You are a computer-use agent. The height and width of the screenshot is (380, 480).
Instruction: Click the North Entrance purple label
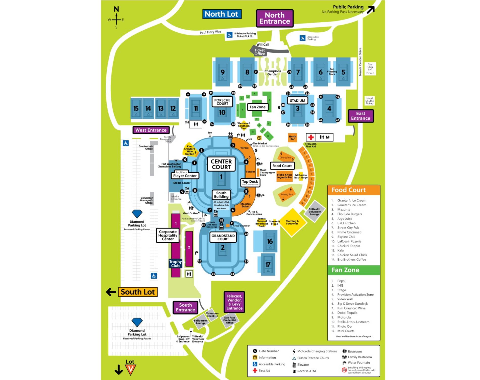(275, 18)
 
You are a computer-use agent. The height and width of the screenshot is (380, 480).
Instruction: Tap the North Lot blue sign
(222, 14)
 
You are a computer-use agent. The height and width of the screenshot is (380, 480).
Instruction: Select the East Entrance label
(361, 116)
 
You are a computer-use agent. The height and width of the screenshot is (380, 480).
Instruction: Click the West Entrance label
(151, 130)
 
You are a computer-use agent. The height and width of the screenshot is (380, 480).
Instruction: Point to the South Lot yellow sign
(138, 292)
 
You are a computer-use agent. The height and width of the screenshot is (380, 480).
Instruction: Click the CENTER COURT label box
(221, 164)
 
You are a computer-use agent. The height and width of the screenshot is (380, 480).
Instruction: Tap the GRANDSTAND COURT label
(223, 237)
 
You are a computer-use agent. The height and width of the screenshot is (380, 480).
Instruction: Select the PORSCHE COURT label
(222, 102)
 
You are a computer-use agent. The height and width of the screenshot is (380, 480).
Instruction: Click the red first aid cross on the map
(311, 137)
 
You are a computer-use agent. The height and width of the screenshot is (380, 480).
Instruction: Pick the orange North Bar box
(292, 138)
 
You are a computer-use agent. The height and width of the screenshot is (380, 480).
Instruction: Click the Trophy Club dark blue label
(175, 264)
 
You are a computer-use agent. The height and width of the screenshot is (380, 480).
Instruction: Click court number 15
(136, 109)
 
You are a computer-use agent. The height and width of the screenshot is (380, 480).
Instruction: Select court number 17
(268, 265)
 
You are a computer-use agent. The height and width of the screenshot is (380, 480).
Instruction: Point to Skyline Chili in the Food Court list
(346, 237)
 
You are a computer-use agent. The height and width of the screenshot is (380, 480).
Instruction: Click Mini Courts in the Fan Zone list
(346, 331)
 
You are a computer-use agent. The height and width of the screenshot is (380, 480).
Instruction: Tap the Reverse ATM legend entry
(306, 371)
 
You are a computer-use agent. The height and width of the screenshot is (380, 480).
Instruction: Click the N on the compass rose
(116, 9)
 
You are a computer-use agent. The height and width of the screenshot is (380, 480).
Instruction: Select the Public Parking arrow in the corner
(370, 10)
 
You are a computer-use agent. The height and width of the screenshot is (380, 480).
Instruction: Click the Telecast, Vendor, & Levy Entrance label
(234, 302)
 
